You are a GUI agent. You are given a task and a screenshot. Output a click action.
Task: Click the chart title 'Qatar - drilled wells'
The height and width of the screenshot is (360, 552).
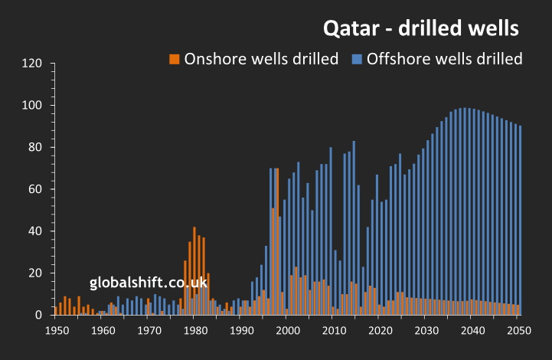pyautogui.click(x=422, y=28)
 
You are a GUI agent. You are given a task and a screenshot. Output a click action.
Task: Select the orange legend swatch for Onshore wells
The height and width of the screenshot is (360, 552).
pyautogui.click(x=175, y=59)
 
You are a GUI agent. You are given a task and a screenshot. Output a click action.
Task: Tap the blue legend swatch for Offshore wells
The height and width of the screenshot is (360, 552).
pyautogui.click(x=358, y=59)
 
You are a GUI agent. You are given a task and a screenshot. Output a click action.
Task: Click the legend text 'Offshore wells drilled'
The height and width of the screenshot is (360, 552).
pyautogui.click(x=444, y=59)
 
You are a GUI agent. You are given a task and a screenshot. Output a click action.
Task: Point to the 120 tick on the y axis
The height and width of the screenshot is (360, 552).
pyautogui.click(x=33, y=64)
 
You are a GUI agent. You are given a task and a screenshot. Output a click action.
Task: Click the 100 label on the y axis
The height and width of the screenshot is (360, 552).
pyautogui.click(x=33, y=106)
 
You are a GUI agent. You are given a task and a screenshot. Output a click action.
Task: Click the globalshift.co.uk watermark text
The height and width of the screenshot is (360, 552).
pyautogui.click(x=149, y=283)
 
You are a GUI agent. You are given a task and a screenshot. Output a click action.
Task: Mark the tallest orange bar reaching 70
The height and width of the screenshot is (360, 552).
pyautogui.click(x=277, y=241)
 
